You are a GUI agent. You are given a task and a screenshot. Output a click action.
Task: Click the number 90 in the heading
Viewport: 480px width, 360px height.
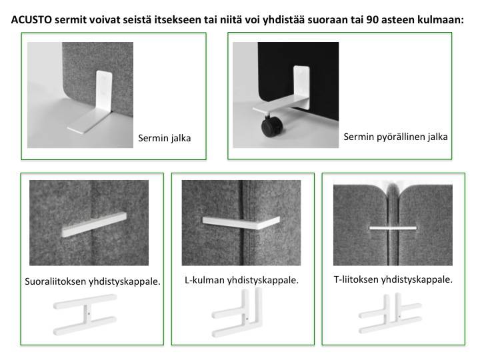point(372,19)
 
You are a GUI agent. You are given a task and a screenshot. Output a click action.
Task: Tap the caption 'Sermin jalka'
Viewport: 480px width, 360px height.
point(165,138)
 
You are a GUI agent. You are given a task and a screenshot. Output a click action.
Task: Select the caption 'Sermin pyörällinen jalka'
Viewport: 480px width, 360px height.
point(395,137)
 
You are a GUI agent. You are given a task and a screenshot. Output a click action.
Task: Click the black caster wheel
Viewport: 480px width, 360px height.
point(271,126)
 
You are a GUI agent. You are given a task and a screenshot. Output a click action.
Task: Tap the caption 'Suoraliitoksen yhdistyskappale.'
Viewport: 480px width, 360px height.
point(93,281)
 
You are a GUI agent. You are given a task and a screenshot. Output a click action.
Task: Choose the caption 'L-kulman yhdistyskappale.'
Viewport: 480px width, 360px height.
point(241,280)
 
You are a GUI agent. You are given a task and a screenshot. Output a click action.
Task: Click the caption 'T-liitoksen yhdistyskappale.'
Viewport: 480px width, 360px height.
point(393,279)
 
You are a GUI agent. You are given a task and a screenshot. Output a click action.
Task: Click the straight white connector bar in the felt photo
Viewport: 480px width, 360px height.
point(94,225)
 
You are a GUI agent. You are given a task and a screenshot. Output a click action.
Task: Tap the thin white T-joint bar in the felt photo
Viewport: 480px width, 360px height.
point(393,228)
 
